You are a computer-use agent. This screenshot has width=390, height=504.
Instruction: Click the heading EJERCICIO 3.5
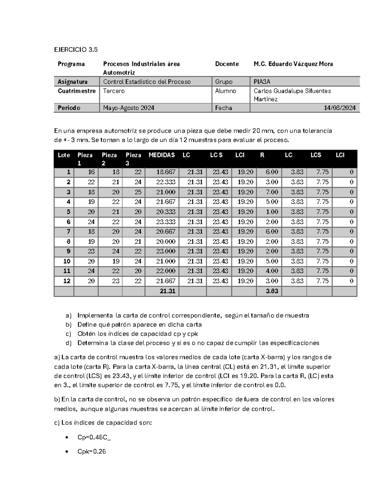tap(76, 50)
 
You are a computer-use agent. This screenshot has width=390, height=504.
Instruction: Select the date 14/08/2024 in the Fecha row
tap(339, 108)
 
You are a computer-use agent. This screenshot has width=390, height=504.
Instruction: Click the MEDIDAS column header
tap(162, 155)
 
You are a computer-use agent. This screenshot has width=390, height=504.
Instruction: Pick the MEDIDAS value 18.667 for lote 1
tap(166, 172)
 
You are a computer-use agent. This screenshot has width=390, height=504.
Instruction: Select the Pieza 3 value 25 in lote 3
tap(138, 192)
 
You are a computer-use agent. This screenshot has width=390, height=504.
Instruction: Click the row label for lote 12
tap(67, 281)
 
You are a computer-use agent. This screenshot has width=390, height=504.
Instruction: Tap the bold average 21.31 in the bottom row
tap(167, 291)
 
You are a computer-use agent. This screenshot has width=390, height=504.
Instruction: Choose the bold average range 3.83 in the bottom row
tap(272, 291)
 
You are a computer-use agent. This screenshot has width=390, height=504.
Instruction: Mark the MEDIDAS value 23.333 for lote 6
tap(166, 222)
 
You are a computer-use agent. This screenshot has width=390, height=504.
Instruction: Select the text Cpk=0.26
tap(92, 451)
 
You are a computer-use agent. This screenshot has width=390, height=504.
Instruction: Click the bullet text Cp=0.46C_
tap(94, 437)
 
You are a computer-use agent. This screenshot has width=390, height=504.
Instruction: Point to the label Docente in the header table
tap(227, 64)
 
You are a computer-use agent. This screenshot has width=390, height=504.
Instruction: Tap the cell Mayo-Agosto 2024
tap(129, 108)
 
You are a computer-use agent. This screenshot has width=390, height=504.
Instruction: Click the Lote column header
tap(64, 155)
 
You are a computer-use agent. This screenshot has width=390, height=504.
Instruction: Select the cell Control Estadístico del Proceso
tap(147, 81)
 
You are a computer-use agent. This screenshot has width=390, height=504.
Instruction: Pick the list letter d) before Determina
tap(68, 343)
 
